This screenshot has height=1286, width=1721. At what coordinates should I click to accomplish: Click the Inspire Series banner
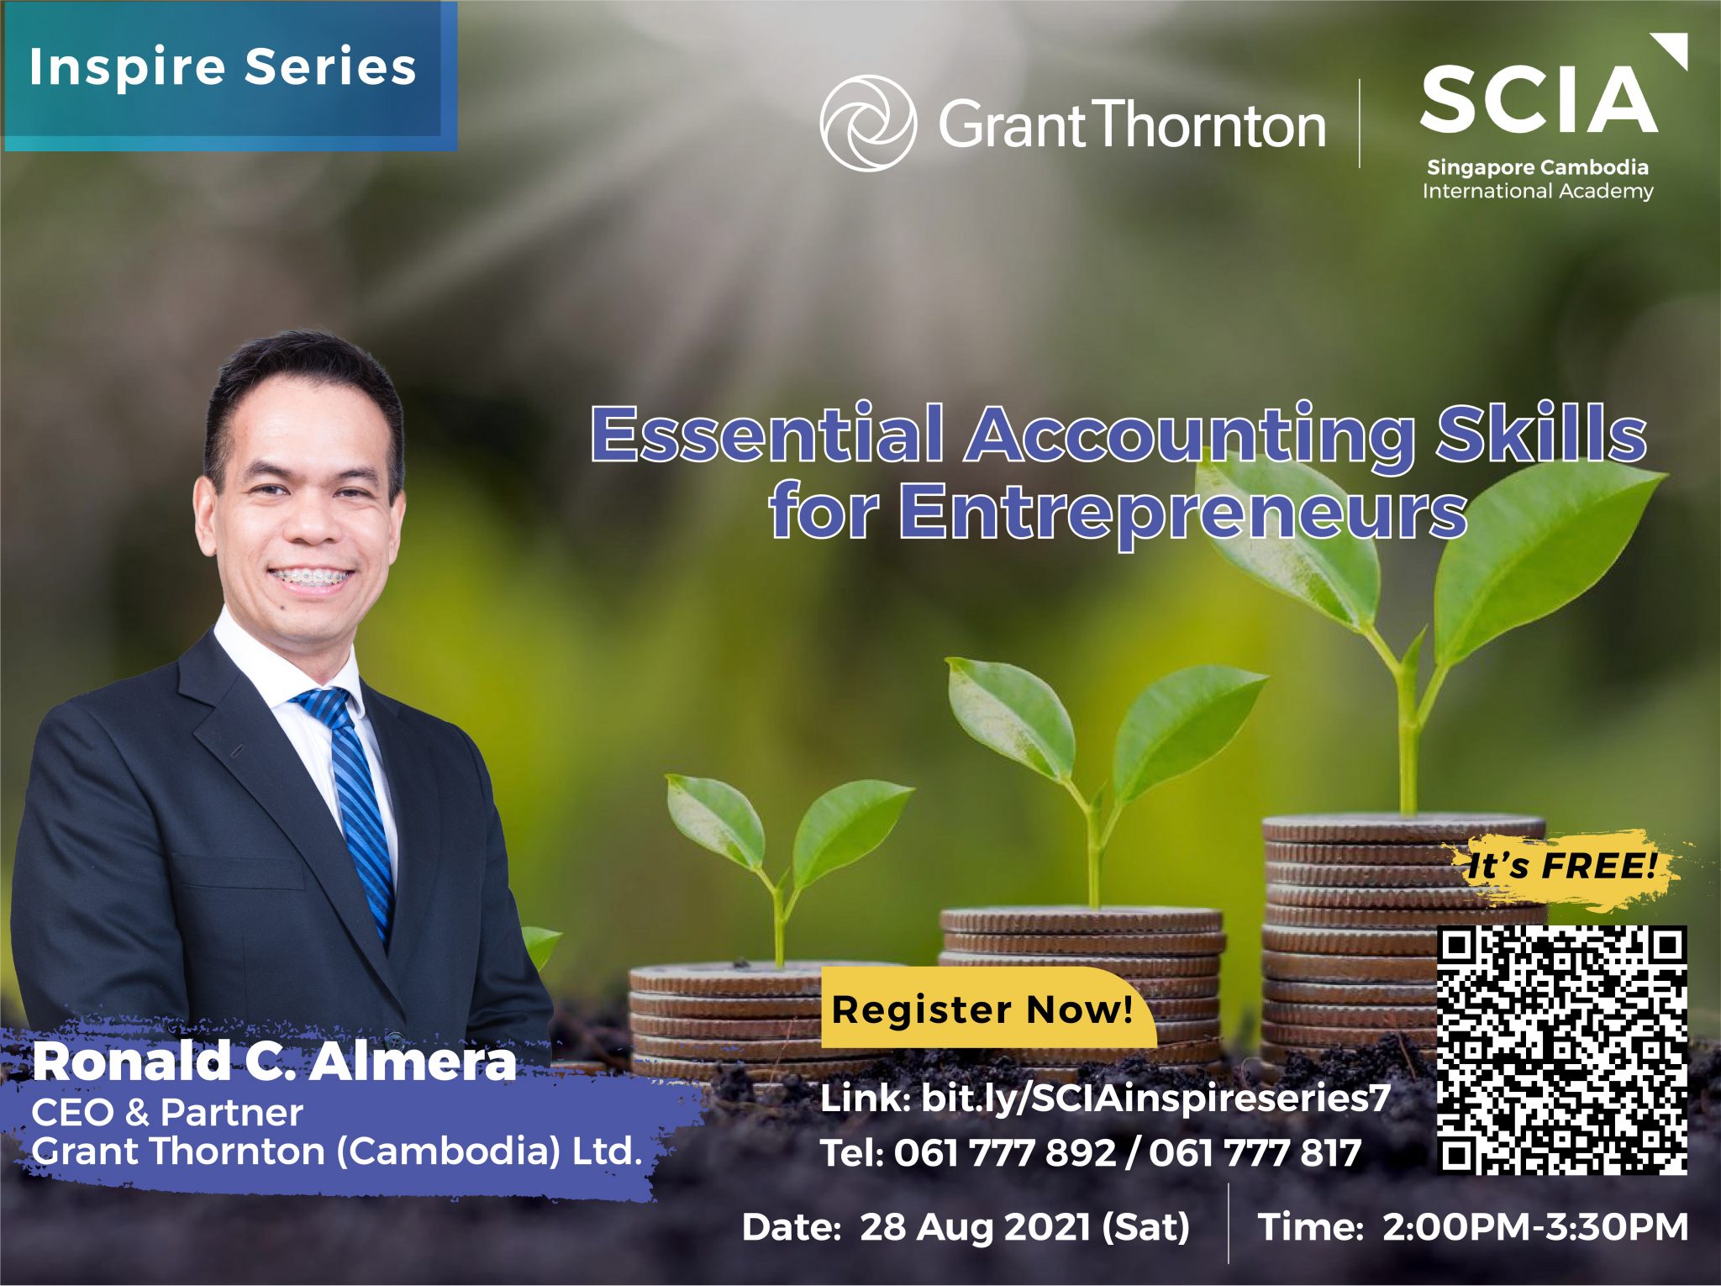point(229,76)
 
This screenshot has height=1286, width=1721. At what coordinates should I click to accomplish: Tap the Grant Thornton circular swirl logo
point(868,124)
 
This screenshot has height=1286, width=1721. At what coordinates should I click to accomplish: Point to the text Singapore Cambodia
point(1538,167)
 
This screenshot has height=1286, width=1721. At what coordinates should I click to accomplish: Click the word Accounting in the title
point(1190,434)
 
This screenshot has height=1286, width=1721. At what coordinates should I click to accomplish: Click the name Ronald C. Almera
point(274,1061)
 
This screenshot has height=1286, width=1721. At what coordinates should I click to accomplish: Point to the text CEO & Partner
point(166,1113)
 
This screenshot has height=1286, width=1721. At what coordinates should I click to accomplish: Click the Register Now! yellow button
point(988,1008)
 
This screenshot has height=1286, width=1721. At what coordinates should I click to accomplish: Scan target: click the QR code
point(1562,1049)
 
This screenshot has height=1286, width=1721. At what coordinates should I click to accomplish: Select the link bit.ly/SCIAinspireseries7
point(1155,1098)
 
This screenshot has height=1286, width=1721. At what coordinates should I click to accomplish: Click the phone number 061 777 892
point(1004,1152)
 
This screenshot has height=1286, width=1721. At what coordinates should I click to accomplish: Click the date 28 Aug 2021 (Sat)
point(1024,1227)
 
